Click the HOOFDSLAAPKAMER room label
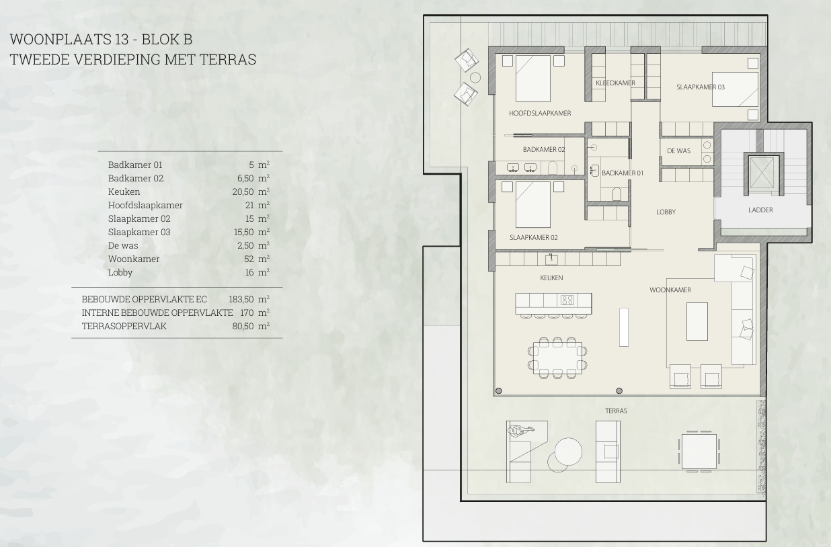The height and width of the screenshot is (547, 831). click(x=540, y=113)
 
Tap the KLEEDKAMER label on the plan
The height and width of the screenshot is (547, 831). click(x=615, y=83)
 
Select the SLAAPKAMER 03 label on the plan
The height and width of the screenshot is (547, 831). click(x=701, y=87)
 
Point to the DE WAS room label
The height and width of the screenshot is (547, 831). click(x=678, y=151)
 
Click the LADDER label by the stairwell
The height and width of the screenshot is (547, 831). click(x=760, y=210)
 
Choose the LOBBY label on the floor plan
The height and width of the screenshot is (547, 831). click(x=666, y=212)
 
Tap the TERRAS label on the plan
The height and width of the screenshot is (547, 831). click(x=616, y=411)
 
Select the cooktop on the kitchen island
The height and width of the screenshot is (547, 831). click(x=567, y=299)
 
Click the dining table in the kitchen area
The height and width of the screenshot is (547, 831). click(x=557, y=358)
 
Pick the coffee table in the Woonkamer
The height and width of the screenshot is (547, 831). click(x=697, y=321)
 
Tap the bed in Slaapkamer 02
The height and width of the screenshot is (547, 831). click(x=532, y=204)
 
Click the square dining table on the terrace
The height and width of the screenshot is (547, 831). click(x=699, y=451)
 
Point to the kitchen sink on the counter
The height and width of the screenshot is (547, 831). click(x=552, y=259)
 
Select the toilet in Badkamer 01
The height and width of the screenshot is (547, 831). click(x=617, y=194)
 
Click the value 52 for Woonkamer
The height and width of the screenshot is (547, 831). click(x=249, y=259)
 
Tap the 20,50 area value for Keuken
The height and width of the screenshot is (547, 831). click(x=243, y=192)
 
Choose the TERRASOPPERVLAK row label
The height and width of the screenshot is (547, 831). click(x=124, y=326)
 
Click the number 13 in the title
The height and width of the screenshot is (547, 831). click(x=122, y=39)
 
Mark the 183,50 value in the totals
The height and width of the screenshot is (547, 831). click(x=241, y=299)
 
